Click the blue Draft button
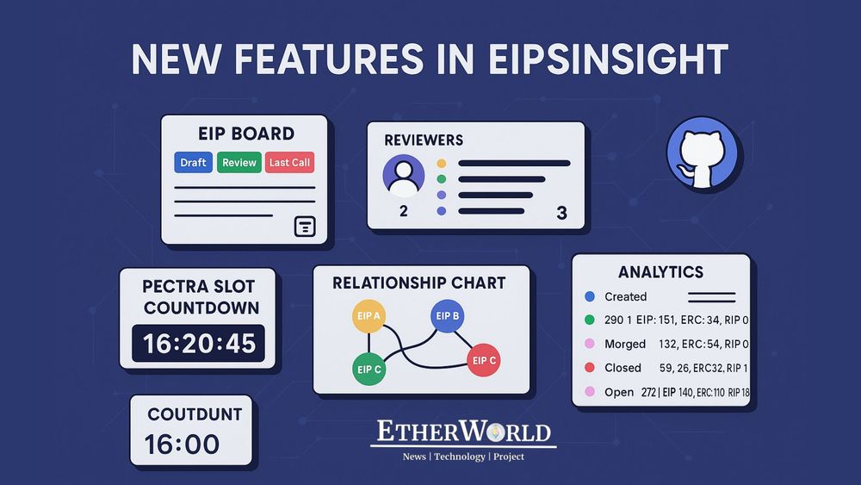[x=193, y=162]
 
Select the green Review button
[x=239, y=162]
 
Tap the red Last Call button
[x=289, y=162]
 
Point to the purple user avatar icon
[x=403, y=176]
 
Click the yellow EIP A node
[x=368, y=317]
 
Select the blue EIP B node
[x=447, y=316]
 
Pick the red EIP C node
[x=483, y=359]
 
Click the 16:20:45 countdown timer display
[x=200, y=344]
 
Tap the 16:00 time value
[x=182, y=445]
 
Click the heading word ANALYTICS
[x=660, y=272]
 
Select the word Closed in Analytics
[x=623, y=368]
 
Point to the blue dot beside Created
[x=590, y=296]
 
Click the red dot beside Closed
[x=590, y=368]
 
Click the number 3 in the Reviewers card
[x=561, y=214]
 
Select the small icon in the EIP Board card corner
[x=305, y=226]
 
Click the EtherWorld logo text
[x=463, y=432]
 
